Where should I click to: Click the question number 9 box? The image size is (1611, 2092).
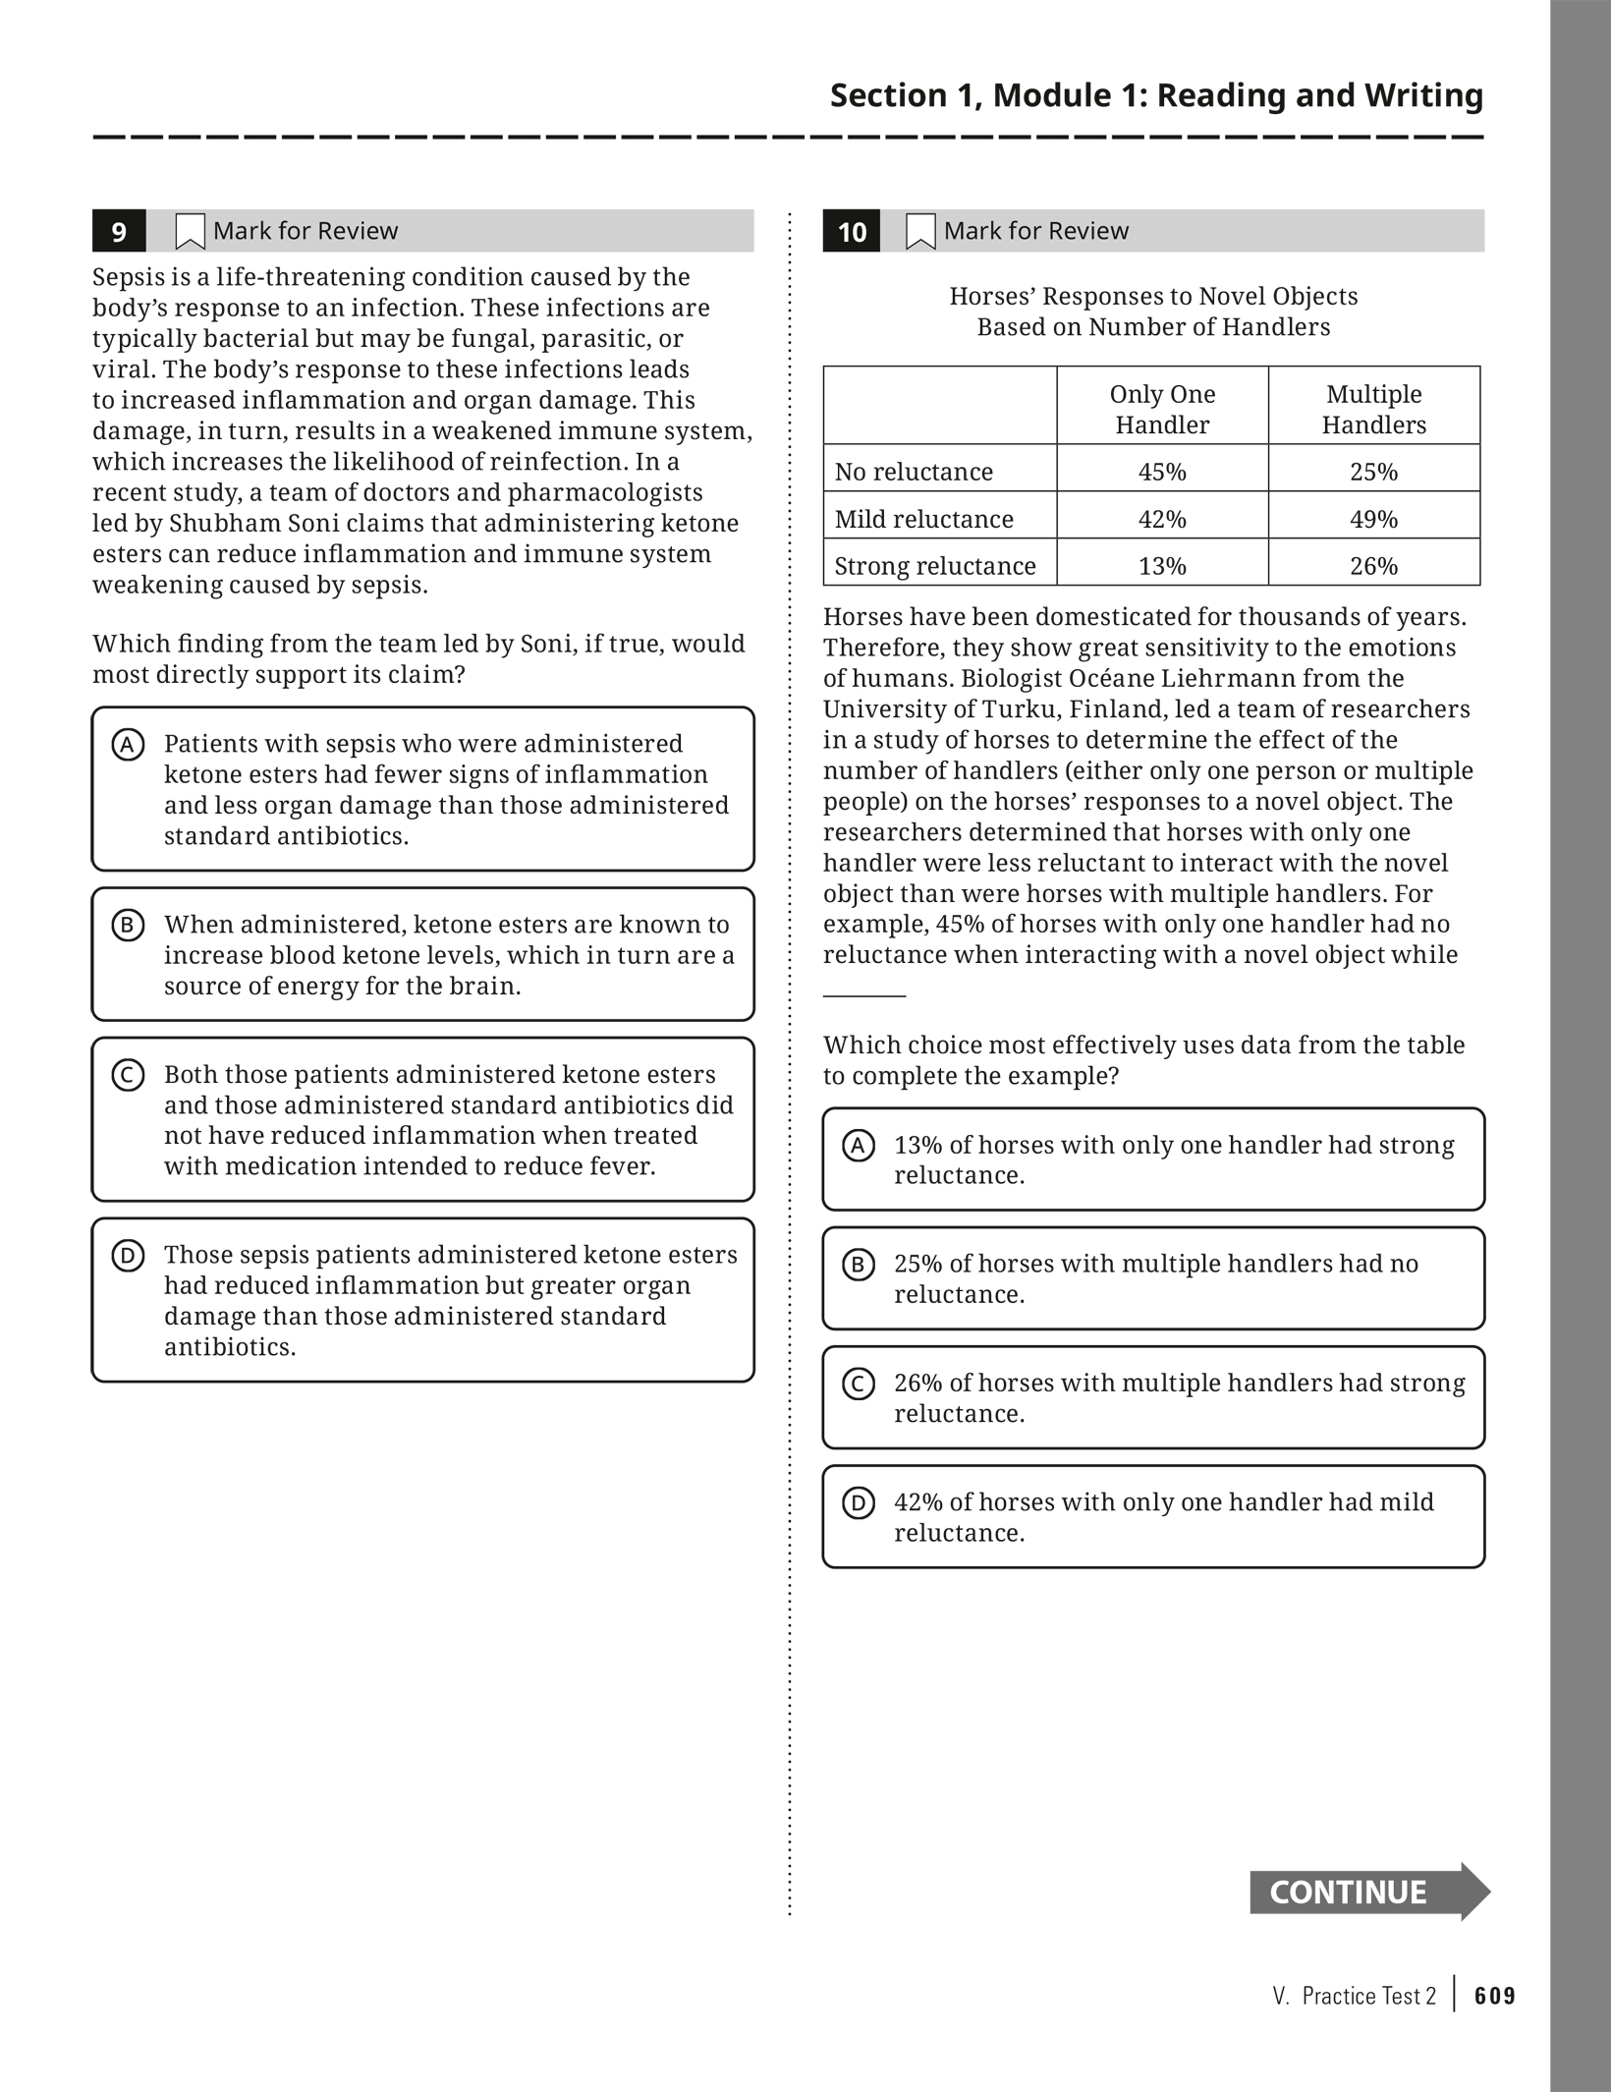(x=119, y=232)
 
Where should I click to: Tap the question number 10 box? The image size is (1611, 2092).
(x=852, y=232)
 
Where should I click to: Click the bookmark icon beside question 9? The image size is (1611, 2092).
(x=190, y=232)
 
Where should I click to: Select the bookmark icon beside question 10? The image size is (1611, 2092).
(x=920, y=232)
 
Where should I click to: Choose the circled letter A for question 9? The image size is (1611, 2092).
(x=128, y=745)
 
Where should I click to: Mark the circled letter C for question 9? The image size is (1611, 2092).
(x=128, y=1075)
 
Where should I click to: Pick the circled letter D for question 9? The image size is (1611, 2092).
(x=128, y=1256)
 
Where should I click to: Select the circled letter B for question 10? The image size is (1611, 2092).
(x=859, y=1265)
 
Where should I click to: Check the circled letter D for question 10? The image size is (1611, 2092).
(x=859, y=1502)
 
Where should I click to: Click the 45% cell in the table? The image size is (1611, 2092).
(x=1162, y=473)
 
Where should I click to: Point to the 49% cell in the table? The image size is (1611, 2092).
(x=1373, y=519)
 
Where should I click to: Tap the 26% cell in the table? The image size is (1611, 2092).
(x=1373, y=566)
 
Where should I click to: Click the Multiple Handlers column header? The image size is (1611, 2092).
(x=1373, y=410)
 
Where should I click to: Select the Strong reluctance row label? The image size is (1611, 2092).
(x=935, y=566)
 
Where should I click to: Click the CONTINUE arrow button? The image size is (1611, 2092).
(x=1368, y=1892)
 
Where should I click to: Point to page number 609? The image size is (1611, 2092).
(x=1495, y=1996)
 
